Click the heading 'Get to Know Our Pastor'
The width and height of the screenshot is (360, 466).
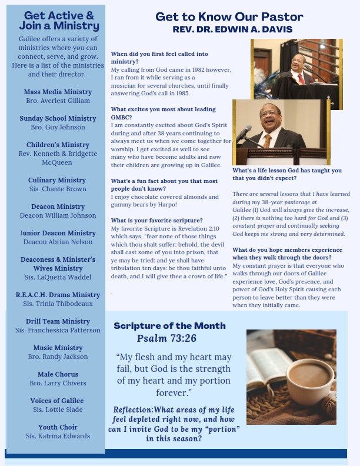pyautogui.click(x=229, y=17)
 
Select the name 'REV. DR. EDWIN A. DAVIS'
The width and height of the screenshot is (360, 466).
pyautogui.click(x=232, y=29)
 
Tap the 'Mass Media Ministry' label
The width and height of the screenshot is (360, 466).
pyautogui.click(x=58, y=92)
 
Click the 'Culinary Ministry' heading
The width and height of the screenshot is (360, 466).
pyautogui.click(x=57, y=180)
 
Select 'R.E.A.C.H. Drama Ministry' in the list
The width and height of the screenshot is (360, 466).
pyautogui.click(x=58, y=295)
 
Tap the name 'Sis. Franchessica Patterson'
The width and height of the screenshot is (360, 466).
pyautogui.click(x=58, y=330)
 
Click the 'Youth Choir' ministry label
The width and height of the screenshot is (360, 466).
pyautogui.click(x=58, y=427)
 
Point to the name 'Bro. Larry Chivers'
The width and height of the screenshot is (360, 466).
pyautogui.click(x=58, y=383)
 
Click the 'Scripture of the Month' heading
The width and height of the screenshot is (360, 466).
pyautogui.click(x=169, y=326)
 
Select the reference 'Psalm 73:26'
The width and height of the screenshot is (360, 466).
pyautogui.click(x=166, y=339)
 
